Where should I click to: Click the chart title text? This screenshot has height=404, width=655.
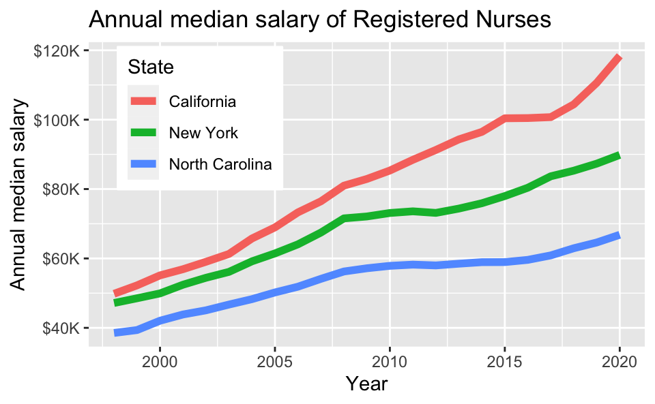(319, 20)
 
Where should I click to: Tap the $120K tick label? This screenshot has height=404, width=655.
(57, 51)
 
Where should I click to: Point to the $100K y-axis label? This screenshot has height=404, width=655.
(57, 120)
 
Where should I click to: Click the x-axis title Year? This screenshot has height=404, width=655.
(366, 384)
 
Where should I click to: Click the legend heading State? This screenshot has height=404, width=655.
(149, 67)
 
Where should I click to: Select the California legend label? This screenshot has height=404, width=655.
(203, 102)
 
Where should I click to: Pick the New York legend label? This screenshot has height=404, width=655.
(203, 133)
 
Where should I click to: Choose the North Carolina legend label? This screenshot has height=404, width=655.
(220, 164)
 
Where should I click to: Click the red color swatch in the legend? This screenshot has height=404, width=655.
(144, 102)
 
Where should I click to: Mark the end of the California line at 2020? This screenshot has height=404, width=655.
(619, 58)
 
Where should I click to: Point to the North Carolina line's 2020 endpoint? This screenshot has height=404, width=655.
(619, 236)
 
